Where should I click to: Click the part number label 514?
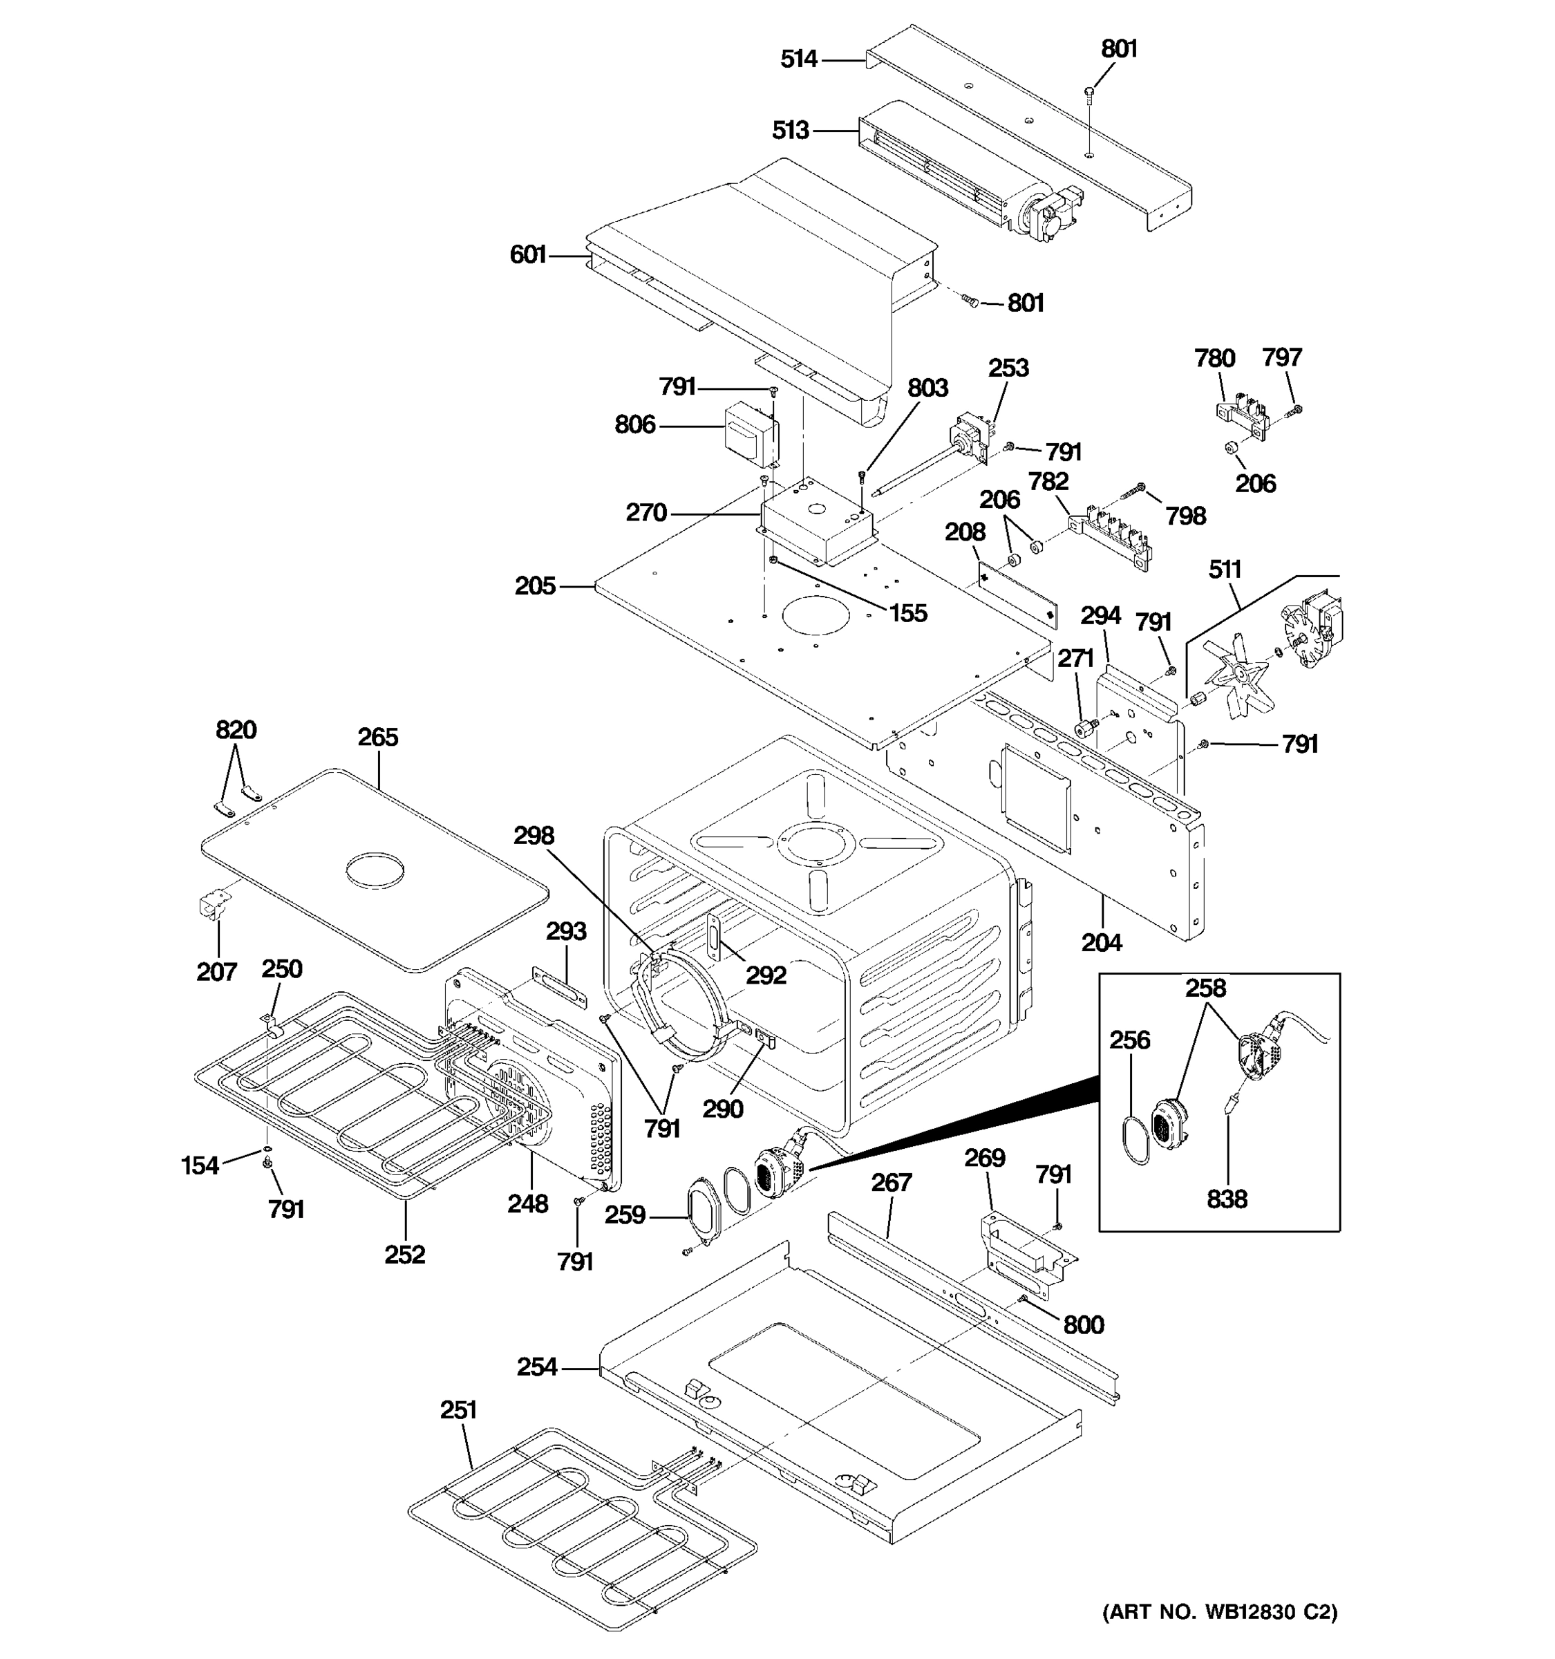(x=798, y=59)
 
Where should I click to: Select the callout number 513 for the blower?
(x=790, y=130)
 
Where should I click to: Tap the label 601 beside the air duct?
(x=527, y=254)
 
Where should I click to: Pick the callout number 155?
(x=907, y=613)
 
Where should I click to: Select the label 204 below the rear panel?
(x=1101, y=943)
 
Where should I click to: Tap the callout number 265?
(x=378, y=737)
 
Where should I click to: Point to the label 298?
(x=533, y=835)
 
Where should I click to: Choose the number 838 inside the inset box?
(x=1226, y=1199)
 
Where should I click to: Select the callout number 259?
(x=625, y=1215)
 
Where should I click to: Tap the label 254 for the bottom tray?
(x=536, y=1367)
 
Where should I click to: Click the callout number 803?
(x=927, y=388)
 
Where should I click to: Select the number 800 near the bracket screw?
(x=1083, y=1324)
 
